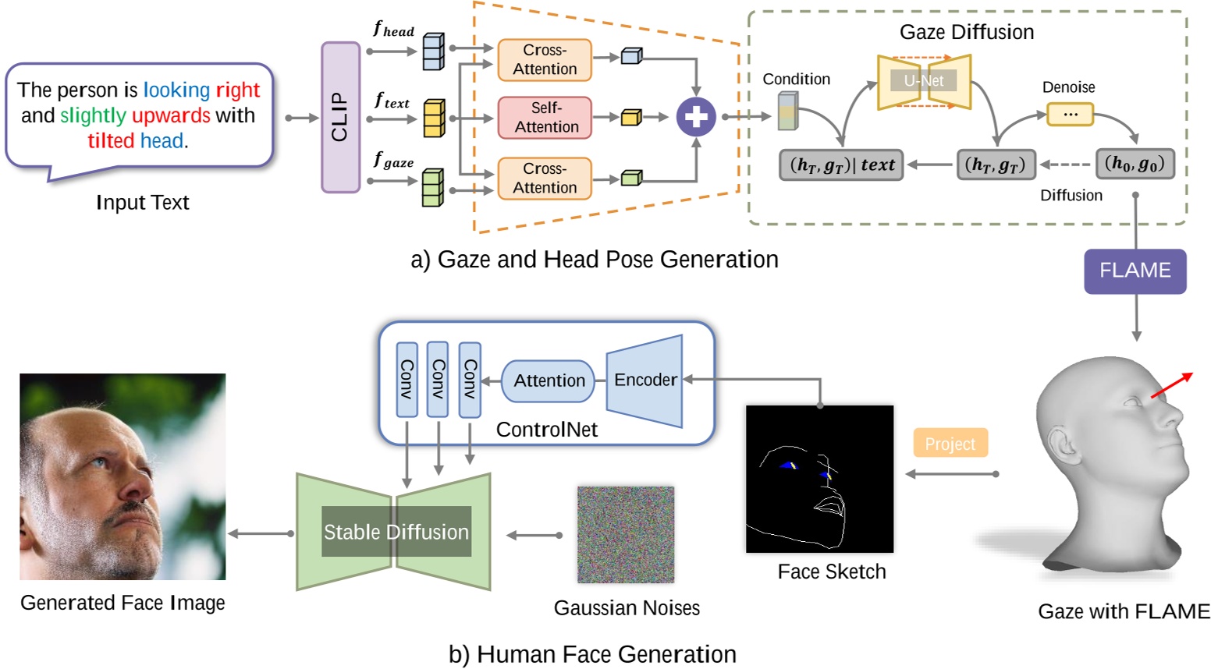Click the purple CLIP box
340,118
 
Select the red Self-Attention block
545,118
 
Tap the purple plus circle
695,117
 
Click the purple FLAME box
1135,271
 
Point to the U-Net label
923,81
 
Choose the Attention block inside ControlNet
548,381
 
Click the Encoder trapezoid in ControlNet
645,381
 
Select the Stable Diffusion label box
396,532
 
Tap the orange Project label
950,443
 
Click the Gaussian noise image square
626,535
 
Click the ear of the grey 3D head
1061,444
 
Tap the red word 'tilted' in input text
111,141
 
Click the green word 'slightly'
93,115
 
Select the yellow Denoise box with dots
1070,115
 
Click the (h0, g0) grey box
1135,164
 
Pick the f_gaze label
393,160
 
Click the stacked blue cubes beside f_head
433,51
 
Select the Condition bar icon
788,111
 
